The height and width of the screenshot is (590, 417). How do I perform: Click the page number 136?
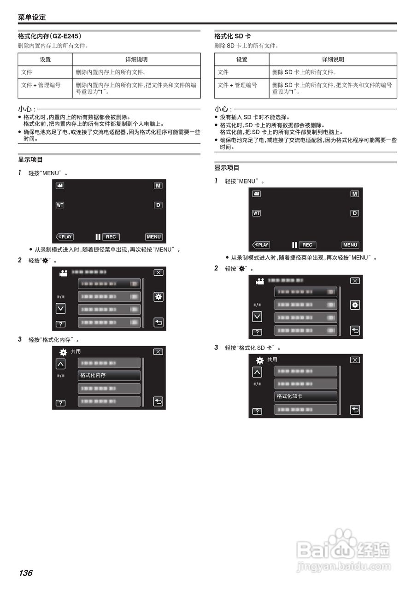(25, 573)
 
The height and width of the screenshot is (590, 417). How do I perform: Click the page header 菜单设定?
(32, 18)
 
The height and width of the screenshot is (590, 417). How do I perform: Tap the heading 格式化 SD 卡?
(232, 36)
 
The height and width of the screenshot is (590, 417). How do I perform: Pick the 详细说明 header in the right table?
(333, 59)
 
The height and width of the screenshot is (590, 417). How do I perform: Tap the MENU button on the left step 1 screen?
(153, 237)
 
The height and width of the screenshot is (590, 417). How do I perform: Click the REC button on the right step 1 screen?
(307, 245)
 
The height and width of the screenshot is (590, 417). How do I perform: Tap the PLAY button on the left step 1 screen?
(65, 237)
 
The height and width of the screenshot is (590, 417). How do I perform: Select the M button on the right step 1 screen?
(354, 194)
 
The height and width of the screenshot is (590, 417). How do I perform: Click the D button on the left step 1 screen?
(158, 205)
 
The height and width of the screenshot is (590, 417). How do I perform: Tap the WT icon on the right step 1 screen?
(257, 213)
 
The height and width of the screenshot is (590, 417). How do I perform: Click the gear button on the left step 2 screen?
(158, 297)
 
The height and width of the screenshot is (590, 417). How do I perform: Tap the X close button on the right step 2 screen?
(355, 281)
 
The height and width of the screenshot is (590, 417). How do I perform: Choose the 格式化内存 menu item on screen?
(109, 376)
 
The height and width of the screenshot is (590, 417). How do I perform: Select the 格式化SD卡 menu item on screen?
(305, 396)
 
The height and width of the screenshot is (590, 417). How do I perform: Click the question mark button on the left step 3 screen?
(60, 403)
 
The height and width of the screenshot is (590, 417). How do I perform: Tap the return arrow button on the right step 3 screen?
(355, 409)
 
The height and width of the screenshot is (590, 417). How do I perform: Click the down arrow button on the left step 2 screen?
(60, 308)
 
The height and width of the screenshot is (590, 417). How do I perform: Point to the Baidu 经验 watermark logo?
(343, 550)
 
